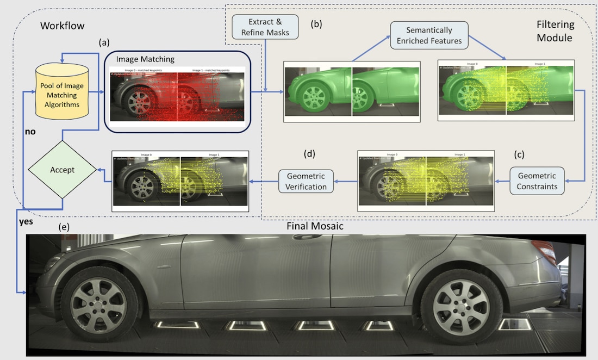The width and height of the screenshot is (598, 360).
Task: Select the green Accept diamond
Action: click(63, 169)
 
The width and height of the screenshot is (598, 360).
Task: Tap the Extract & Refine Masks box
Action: click(265, 27)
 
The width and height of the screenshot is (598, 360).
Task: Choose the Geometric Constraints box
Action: click(537, 181)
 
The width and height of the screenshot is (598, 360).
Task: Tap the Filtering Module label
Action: click(554, 32)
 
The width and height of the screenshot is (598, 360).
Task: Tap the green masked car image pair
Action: click(352, 91)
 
